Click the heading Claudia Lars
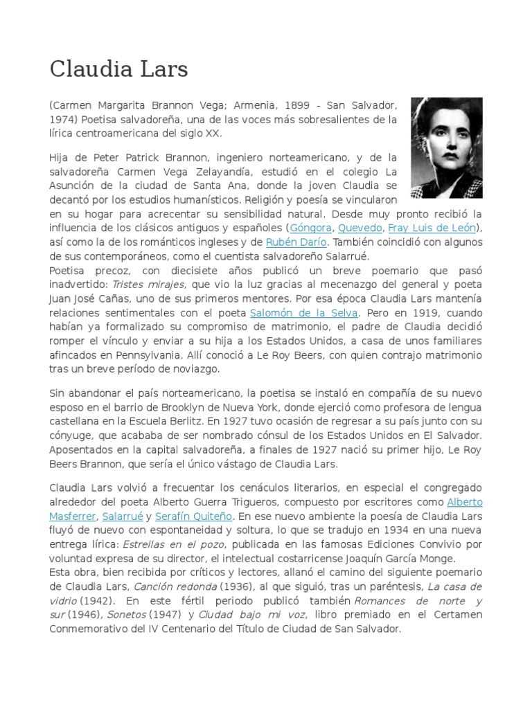pos(118,69)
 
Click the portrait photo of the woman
pos(446,147)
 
